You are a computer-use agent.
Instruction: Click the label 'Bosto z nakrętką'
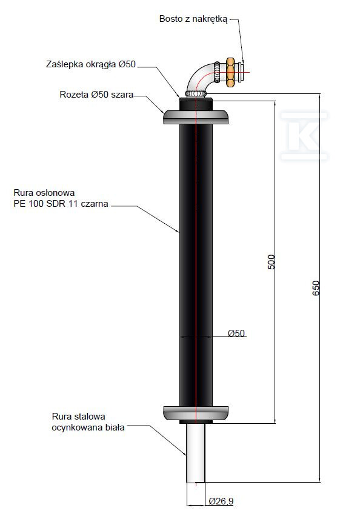click(193, 19)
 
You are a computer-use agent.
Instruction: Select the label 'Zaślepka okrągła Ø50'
click(91, 64)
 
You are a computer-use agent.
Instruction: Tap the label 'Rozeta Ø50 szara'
click(96, 95)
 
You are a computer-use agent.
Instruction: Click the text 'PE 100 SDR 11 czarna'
click(61, 204)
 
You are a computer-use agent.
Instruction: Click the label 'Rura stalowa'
click(79, 417)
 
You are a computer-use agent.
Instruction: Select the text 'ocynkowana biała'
click(88, 427)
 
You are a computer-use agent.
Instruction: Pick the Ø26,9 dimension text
click(221, 501)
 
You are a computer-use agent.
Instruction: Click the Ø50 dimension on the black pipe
click(236, 333)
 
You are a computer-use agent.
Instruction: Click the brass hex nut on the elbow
click(230, 70)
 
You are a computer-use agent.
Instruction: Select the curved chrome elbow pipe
click(204, 75)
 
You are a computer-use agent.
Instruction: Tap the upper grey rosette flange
click(196, 117)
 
